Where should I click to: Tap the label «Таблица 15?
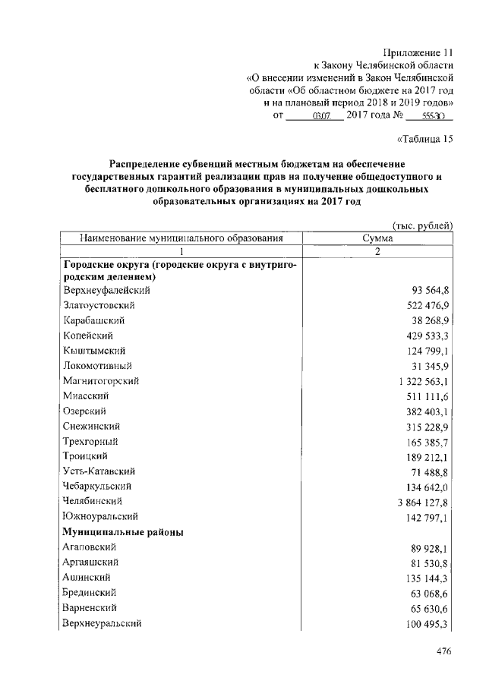pos(425,138)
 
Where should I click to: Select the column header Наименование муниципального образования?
pos(181,238)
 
